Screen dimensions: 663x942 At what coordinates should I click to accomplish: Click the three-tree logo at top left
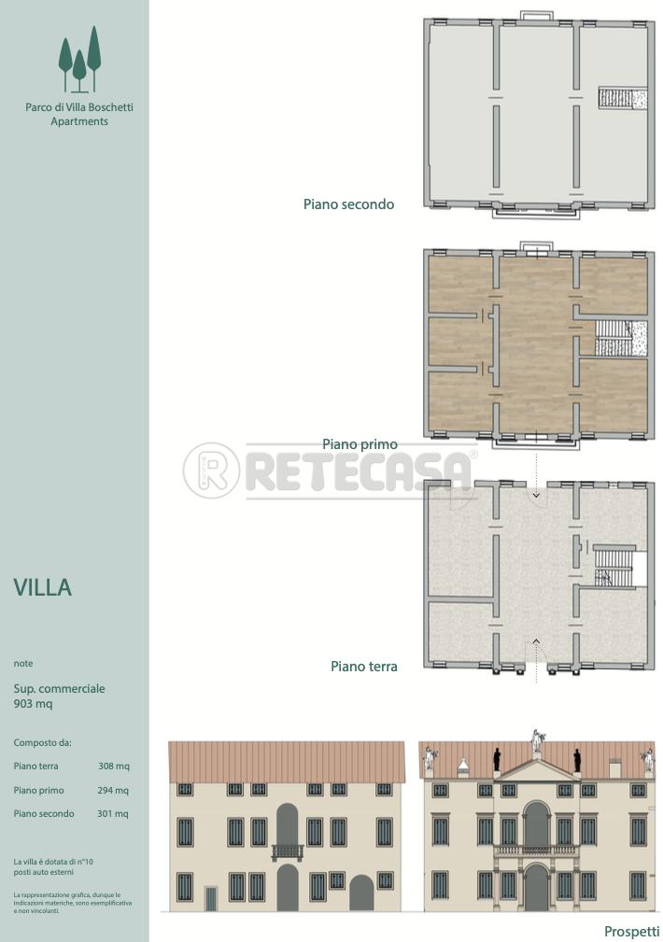[x=79, y=60]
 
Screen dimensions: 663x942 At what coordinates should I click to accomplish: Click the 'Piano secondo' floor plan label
[x=348, y=204]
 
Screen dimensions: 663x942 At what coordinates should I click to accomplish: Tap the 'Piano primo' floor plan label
[x=360, y=444]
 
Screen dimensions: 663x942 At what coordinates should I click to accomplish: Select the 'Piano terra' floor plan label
[x=363, y=667]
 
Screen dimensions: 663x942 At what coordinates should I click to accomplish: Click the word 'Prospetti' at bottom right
[x=631, y=932]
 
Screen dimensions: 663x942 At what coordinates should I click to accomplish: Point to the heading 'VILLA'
[x=43, y=587]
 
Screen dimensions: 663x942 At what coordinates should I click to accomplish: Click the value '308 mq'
[x=114, y=766]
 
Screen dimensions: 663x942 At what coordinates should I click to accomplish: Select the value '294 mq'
[x=113, y=790]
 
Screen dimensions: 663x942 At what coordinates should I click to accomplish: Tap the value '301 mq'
[x=113, y=813]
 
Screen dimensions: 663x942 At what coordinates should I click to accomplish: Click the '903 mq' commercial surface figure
[x=33, y=704]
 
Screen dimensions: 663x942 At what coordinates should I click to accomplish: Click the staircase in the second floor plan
[x=623, y=98]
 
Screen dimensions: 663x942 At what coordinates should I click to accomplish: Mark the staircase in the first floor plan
[x=621, y=339]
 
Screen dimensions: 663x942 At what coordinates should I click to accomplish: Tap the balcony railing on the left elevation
[x=287, y=851]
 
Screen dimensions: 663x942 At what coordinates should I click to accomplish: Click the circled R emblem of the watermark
[x=211, y=471]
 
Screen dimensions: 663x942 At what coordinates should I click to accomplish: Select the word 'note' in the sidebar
[x=22, y=663]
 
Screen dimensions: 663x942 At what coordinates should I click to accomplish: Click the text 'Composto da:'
[x=42, y=742]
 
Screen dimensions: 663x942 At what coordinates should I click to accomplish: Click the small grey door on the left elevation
[x=211, y=899]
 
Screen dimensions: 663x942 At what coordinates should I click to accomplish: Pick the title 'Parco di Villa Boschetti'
[x=79, y=107]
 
